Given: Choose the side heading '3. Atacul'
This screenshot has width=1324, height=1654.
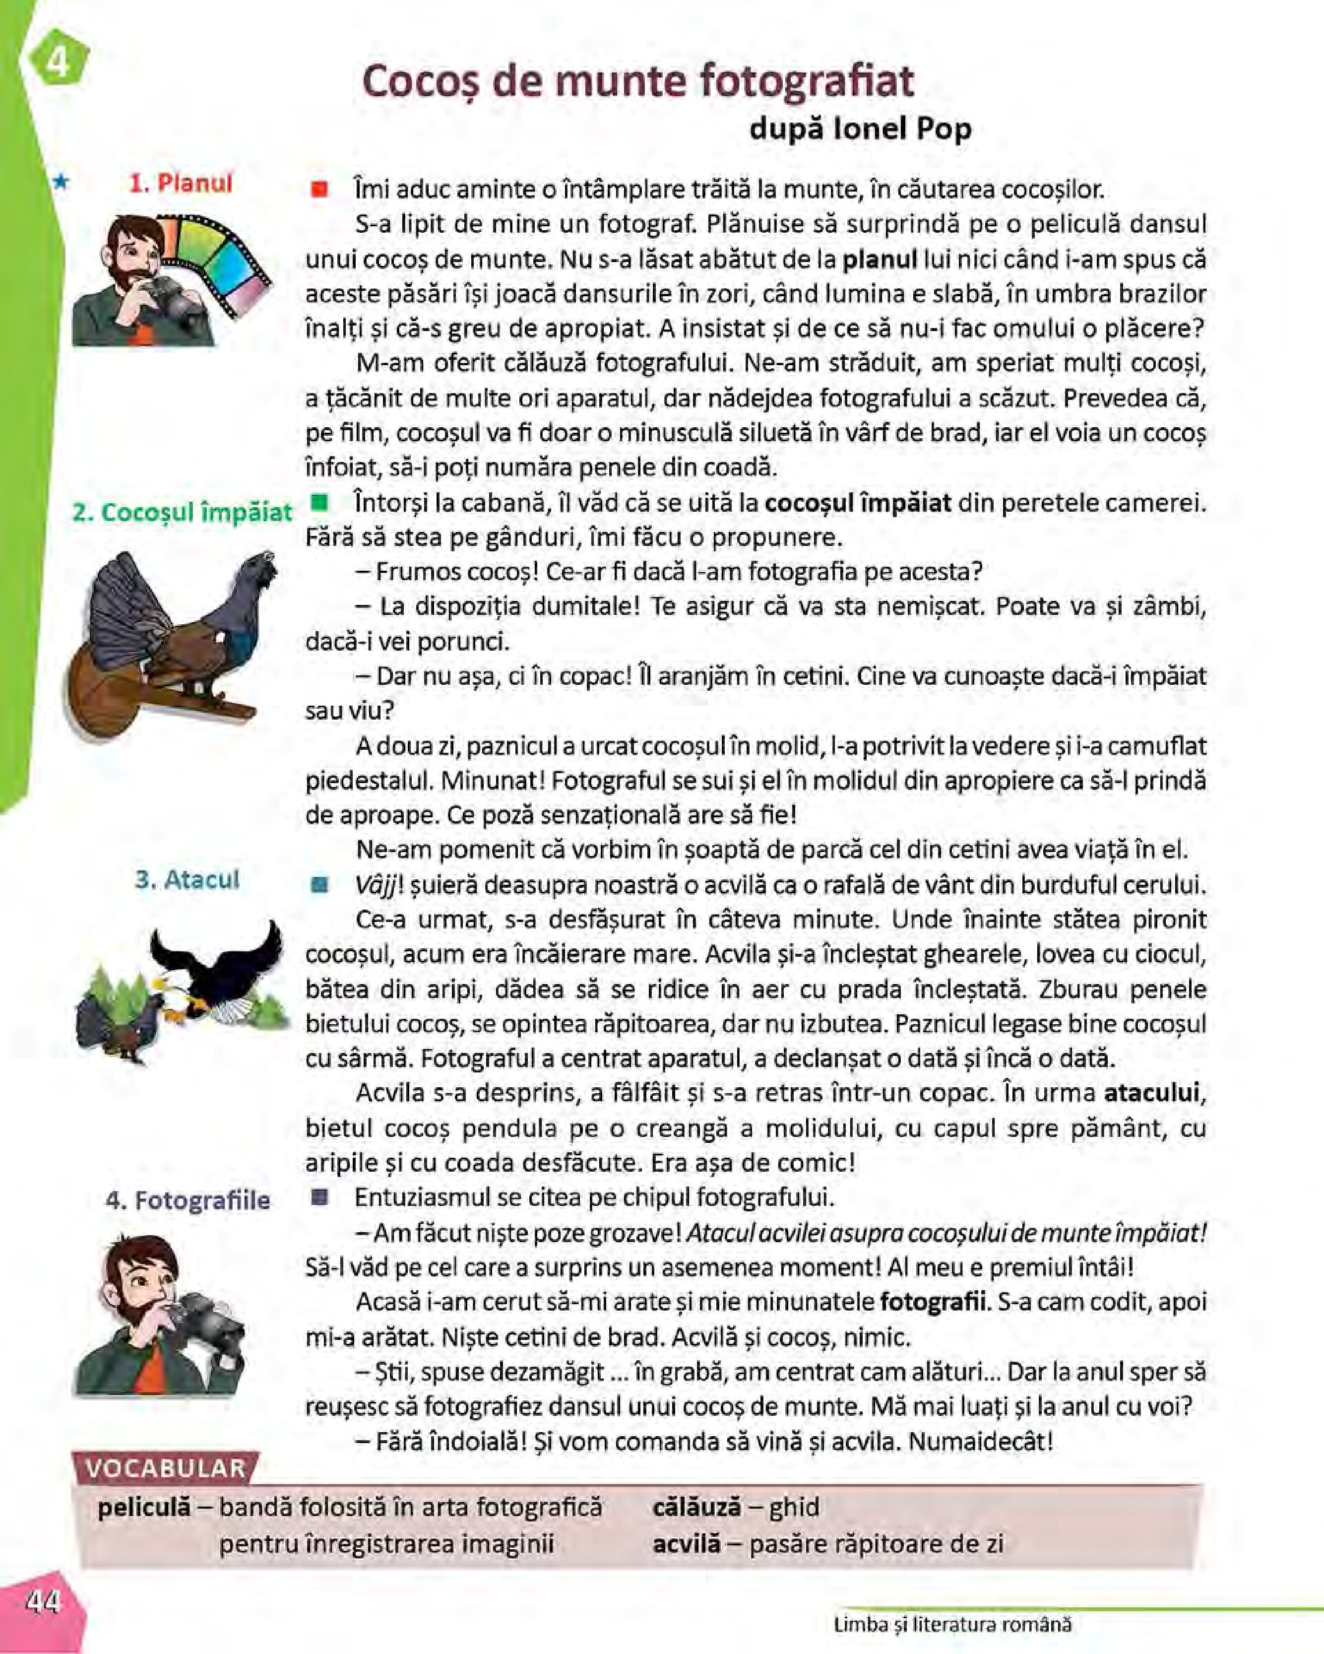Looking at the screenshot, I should click(x=187, y=879).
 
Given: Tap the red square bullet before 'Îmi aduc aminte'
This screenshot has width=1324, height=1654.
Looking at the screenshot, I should click(x=319, y=189).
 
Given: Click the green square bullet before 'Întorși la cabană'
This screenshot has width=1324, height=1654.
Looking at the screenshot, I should click(x=319, y=503).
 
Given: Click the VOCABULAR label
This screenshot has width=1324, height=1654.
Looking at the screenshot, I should click(x=165, y=1468).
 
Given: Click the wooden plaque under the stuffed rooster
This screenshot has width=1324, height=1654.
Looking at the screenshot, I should click(x=115, y=690).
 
